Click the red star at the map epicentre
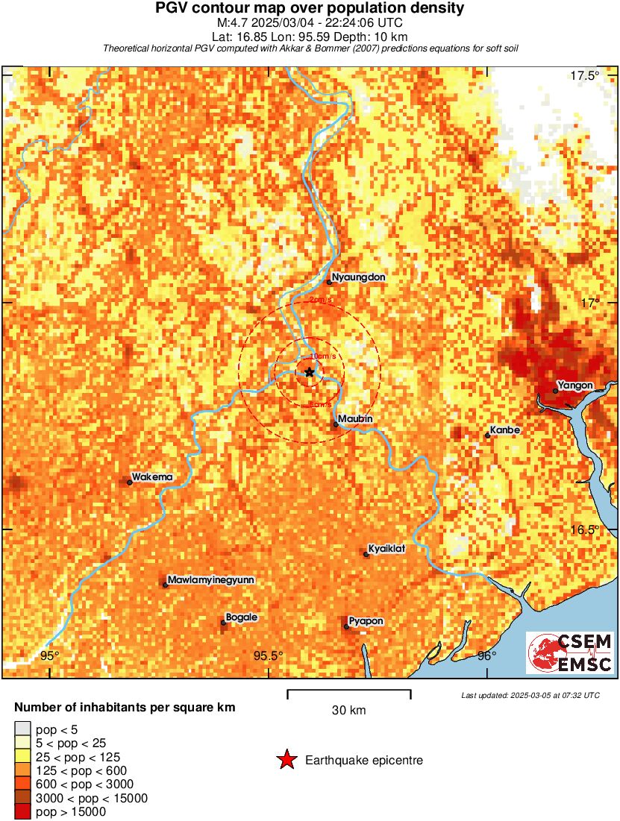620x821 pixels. click(309, 372)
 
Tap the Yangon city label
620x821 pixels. click(575, 385)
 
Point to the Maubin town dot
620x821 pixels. click(336, 424)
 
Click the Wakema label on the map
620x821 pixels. click(152, 476)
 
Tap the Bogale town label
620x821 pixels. click(241, 617)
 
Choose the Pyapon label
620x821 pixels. click(366, 621)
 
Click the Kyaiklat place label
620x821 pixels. click(386, 549)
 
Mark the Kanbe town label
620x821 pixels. click(505, 430)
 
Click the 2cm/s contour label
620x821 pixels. click(320, 300)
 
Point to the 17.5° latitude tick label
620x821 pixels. click(585, 75)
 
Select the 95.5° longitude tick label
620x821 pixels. click(268, 656)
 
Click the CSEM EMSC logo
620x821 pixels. click(570, 653)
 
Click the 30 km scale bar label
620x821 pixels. click(348, 711)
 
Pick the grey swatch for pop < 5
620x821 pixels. click(23, 729)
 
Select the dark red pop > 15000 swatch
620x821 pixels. click(23, 812)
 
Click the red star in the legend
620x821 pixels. click(286, 760)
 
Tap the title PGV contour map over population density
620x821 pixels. click(310, 9)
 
